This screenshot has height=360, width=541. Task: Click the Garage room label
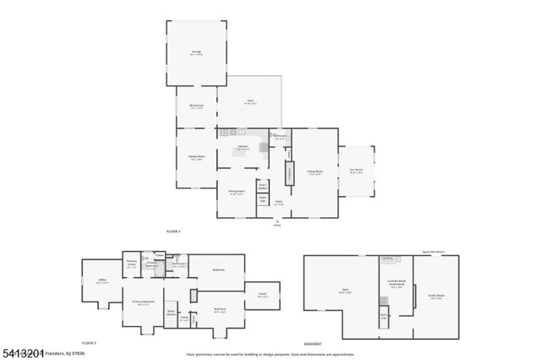click(196, 52)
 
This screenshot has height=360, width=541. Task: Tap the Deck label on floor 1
click(250, 101)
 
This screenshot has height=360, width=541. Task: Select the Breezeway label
click(196, 106)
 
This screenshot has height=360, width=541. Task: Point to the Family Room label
click(196, 158)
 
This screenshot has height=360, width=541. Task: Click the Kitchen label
click(242, 147)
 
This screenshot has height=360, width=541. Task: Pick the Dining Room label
click(237, 191)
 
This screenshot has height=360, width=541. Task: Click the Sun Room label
click(357, 170)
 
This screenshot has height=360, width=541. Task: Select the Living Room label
click(314, 172)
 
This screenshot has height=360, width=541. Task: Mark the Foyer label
click(278, 203)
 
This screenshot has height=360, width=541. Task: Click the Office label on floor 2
click(101, 281)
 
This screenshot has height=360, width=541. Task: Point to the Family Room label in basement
click(435, 296)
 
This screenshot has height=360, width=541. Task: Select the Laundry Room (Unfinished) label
click(396, 284)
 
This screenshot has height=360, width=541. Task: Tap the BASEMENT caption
click(313, 343)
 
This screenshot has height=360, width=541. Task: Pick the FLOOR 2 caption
click(90, 343)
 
